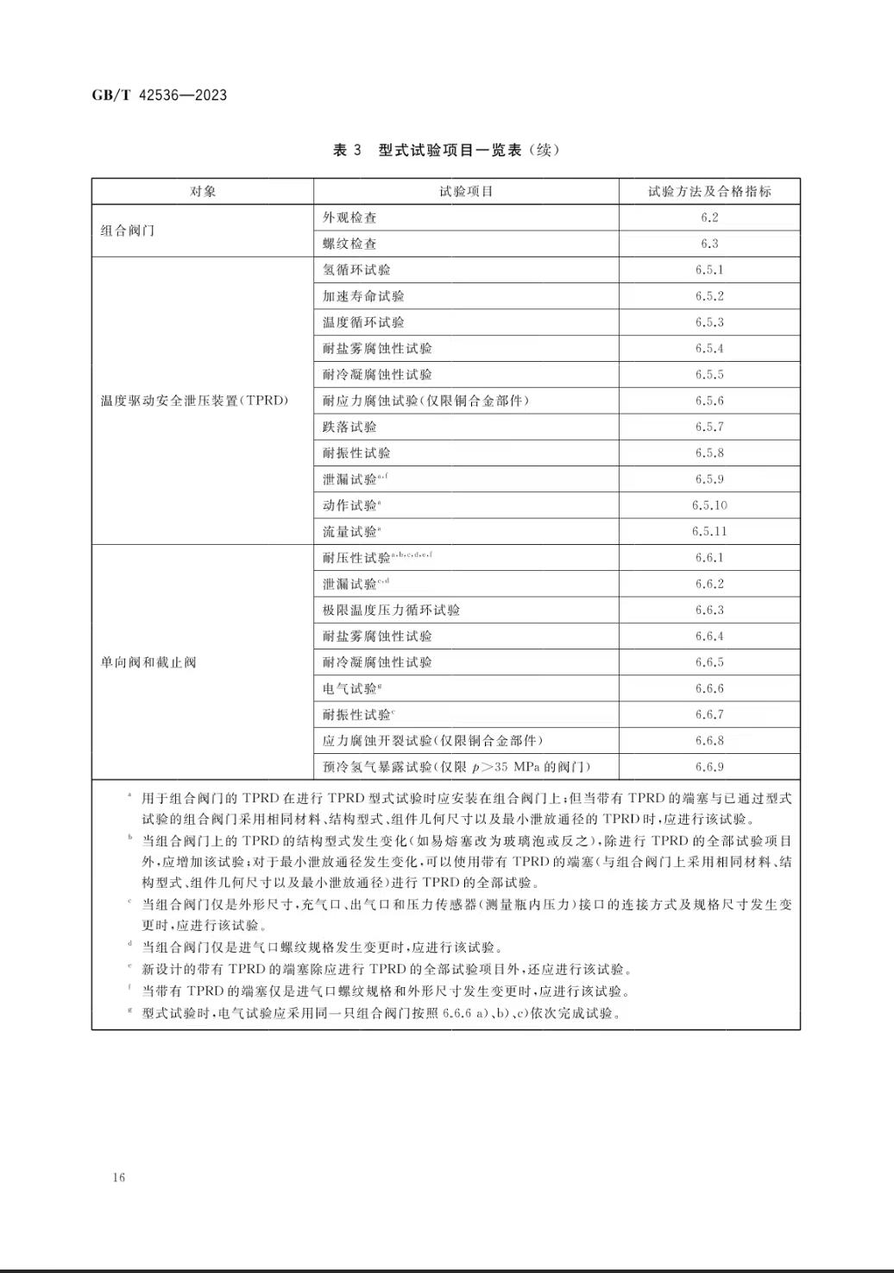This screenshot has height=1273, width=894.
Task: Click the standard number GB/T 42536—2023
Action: [x=160, y=95]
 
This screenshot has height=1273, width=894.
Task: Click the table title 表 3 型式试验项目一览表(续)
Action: [x=446, y=150]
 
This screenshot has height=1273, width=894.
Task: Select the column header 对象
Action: [x=203, y=192]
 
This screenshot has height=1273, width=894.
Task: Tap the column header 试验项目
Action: [x=466, y=192]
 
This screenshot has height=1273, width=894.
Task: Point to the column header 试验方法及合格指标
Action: [x=709, y=192]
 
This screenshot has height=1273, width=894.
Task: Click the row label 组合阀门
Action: [x=128, y=231]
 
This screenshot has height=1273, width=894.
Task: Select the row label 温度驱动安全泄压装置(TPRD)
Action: [x=194, y=401]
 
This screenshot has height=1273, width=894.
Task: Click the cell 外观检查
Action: [x=349, y=218]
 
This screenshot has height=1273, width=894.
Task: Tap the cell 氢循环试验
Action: [x=356, y=269]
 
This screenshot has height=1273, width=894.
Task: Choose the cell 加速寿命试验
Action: [x=363, y=296]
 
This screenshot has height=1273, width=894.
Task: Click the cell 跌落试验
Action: [x=349, y=427]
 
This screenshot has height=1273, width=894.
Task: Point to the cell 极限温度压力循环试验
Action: [x=391, y=610]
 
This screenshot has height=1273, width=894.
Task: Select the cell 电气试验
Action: [x=350, y=688]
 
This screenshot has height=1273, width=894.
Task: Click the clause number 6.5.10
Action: [x=709, y=505]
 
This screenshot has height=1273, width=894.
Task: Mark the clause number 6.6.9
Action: [x=709, y=767]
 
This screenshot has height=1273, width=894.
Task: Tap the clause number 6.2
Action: [x=709, y=218]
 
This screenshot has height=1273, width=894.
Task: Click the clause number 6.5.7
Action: [x=709, y=427]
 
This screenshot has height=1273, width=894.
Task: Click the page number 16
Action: [x=118, y=1178]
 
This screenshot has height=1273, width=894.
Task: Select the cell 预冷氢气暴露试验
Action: [x=456, y=767]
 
